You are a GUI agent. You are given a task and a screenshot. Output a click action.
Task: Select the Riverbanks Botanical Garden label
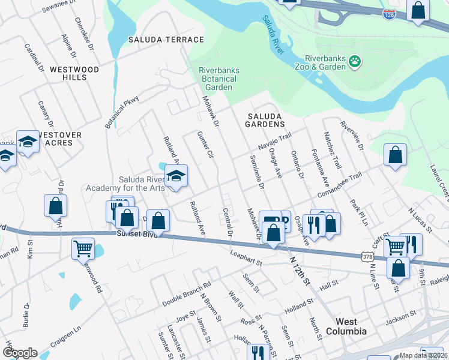pos(219,79)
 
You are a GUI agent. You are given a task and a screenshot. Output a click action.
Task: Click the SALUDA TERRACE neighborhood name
pos(166,40)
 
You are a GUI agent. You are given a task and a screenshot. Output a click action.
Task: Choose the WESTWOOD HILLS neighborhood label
pos(74,74)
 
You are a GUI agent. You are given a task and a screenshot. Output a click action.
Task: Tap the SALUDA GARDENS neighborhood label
pos(265,119)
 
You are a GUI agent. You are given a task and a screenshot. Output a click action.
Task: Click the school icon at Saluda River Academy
pos(176,176)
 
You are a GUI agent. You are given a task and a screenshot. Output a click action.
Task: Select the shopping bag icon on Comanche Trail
pos(395,155)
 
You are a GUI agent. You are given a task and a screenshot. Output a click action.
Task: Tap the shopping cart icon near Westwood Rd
pos(83,248)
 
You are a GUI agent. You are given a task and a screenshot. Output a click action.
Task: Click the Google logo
pos(20,352)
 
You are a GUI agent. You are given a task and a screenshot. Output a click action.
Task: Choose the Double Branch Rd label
pos(186,294)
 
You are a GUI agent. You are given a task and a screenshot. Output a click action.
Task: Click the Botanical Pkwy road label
pos(122,112)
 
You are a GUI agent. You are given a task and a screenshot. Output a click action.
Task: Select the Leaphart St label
pos(246,259)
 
